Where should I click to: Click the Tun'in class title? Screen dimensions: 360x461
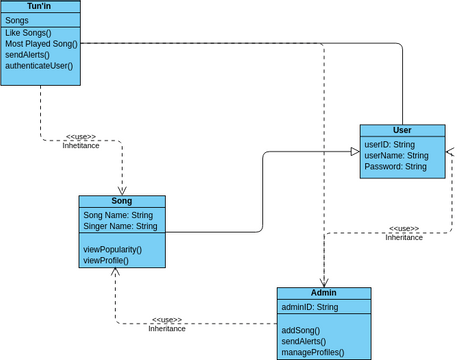click(40, 6)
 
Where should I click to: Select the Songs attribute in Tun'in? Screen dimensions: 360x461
click(17, 20)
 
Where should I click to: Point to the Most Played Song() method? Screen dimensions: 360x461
click(41, 44)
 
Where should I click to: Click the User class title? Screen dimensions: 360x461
click(402, 130)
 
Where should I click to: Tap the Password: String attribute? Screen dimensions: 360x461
click(395, 167)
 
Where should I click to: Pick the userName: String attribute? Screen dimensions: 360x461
click(396, 156)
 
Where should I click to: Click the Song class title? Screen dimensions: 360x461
click(121, 201)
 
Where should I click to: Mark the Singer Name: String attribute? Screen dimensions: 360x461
click(120, 227)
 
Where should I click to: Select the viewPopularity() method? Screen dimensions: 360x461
click(112, 249)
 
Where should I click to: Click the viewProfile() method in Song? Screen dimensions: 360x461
click(105, 260)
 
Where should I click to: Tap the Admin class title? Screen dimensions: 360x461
click(323, 293)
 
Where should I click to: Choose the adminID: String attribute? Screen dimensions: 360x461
click(309, 307)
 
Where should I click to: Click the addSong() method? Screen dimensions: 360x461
click(301, 330)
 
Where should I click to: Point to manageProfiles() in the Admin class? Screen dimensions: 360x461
click(312, 352)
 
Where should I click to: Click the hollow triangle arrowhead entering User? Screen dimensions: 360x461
click(355, 151)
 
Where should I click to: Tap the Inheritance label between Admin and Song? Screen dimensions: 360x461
click(167, 329)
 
